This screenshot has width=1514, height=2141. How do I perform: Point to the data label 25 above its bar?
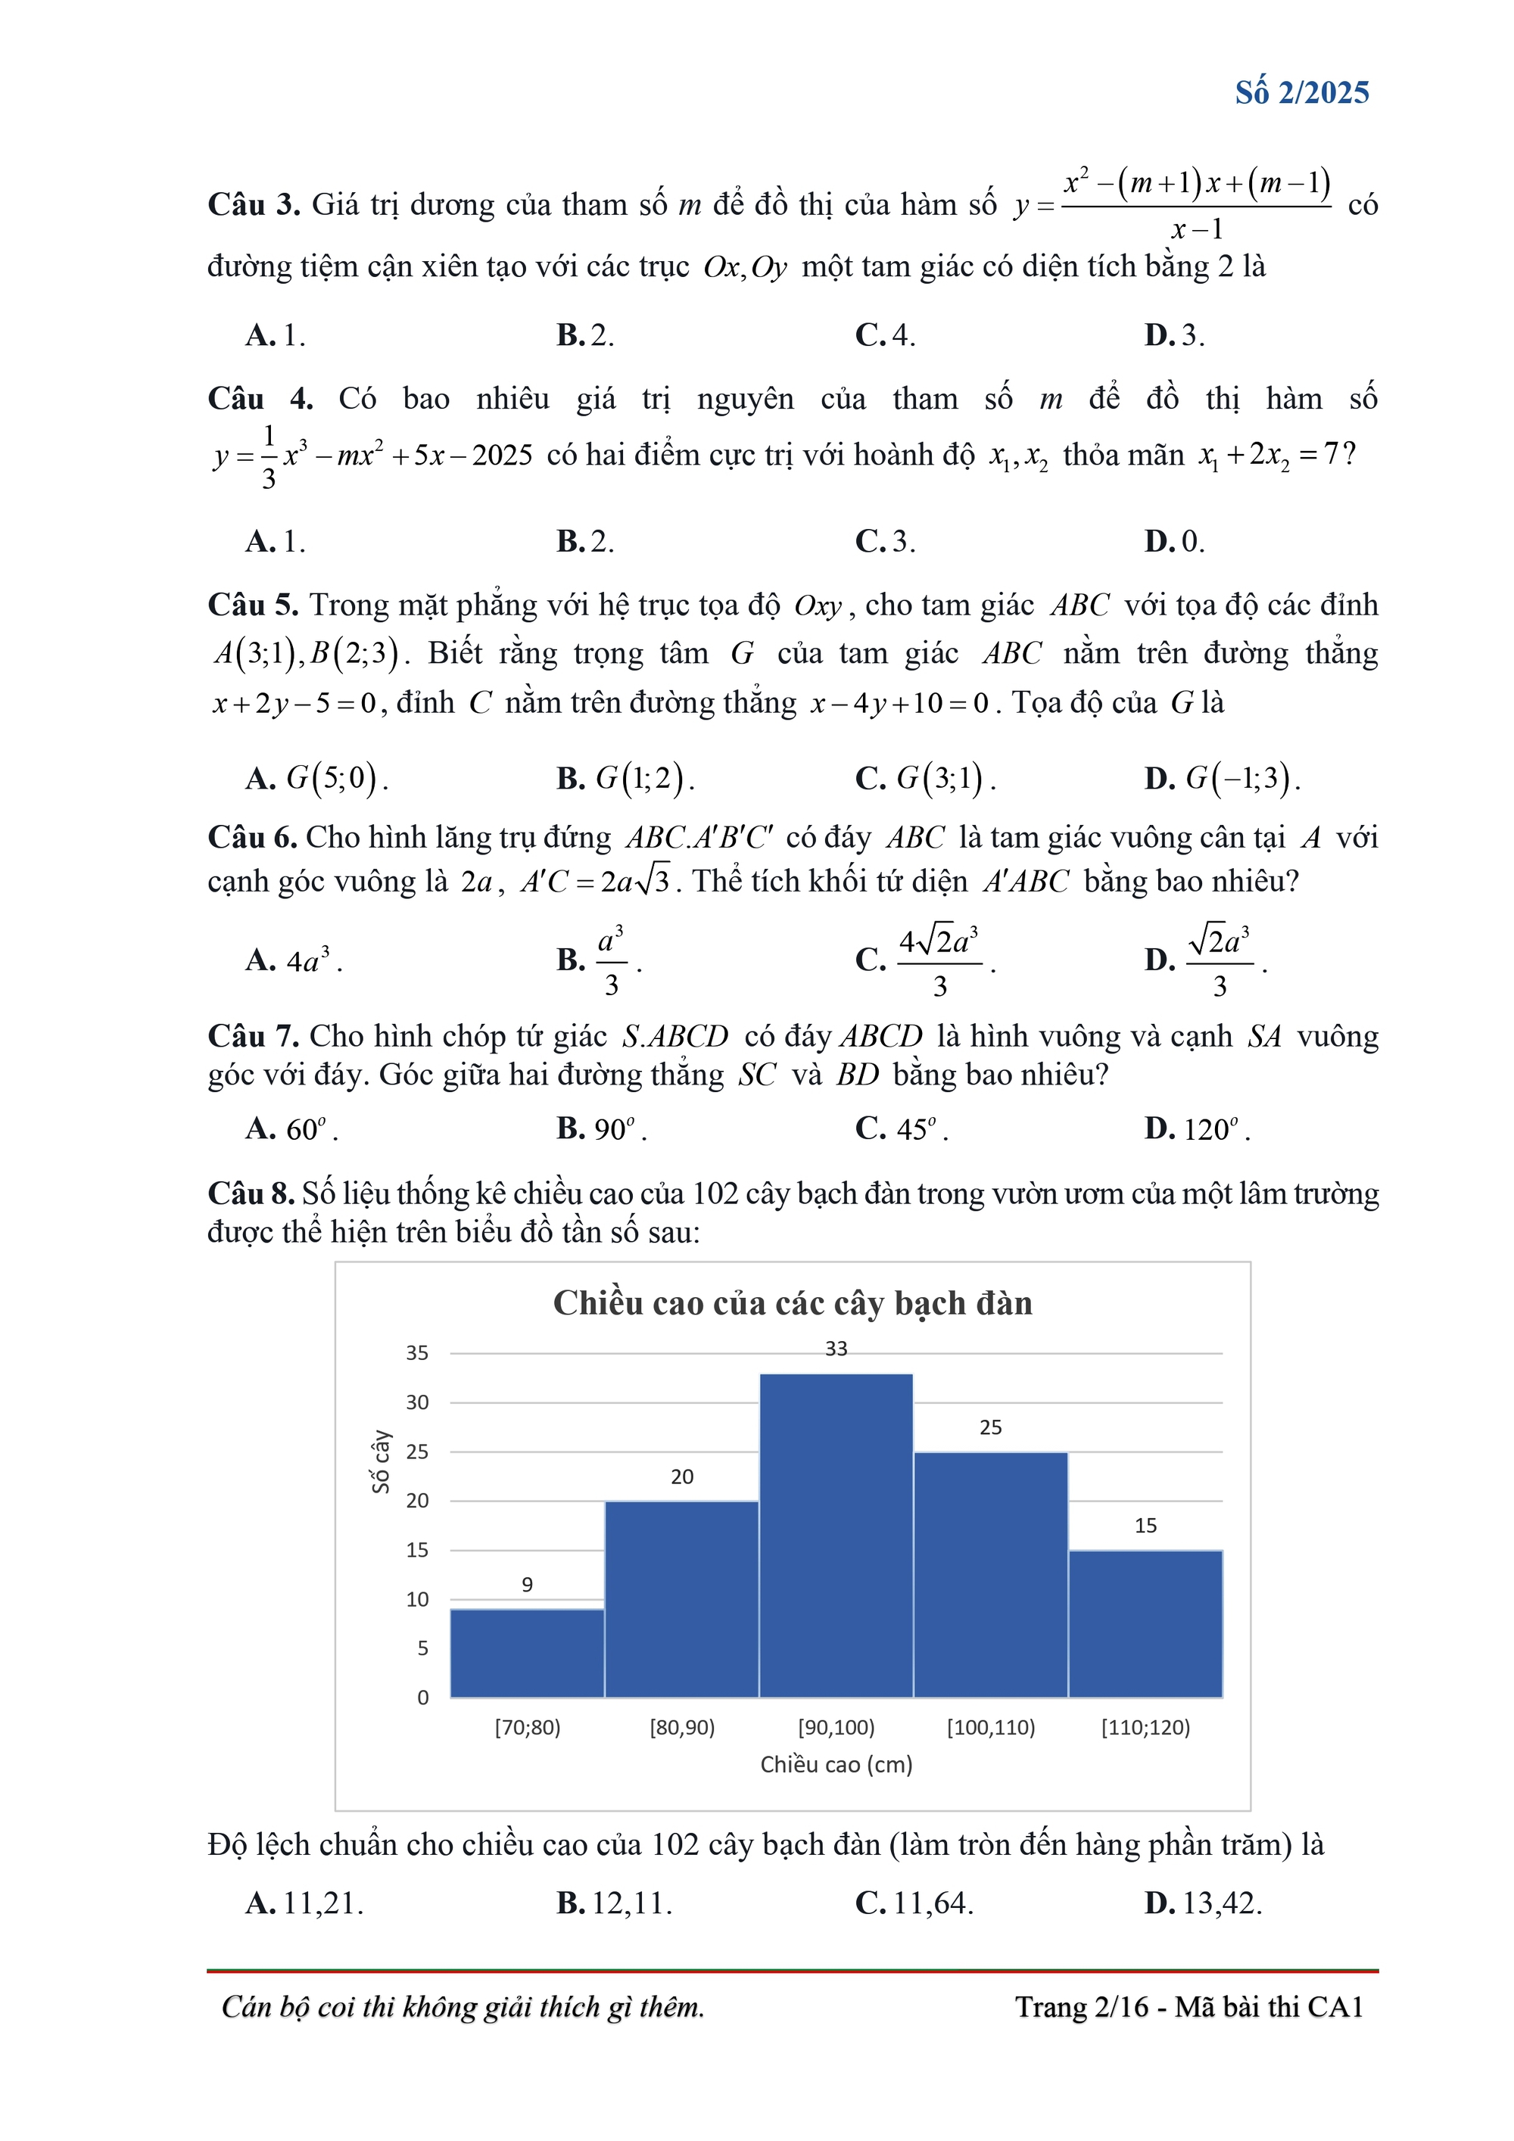click(x=991, y=1427)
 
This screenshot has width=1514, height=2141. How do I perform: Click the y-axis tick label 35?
click(x=417, y=1353)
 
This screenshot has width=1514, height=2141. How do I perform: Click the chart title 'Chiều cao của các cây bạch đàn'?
click(x=792, y=1304)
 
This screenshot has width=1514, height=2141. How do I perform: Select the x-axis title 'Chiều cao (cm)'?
click(x=836, y=1764)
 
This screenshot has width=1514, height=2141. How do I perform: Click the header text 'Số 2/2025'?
click(x=1301, y=92)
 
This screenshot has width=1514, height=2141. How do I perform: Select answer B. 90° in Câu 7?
click(x=602, y=1129)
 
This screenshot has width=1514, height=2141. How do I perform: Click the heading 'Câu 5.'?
click(x=253, y=605)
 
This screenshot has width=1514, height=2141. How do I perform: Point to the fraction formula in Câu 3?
click(x=1196, y=204)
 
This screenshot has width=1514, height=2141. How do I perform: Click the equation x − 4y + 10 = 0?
click(x=899, y=703)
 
